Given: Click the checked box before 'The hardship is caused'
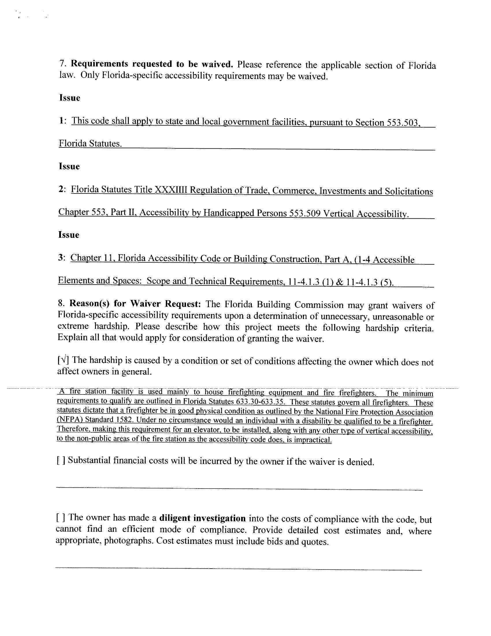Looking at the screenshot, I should tap(63, 361).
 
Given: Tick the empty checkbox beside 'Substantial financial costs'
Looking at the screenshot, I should tap(61, 460).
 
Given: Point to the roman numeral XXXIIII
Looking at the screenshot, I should tap(172, 190).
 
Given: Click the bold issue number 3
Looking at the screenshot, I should tap(60, 258).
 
